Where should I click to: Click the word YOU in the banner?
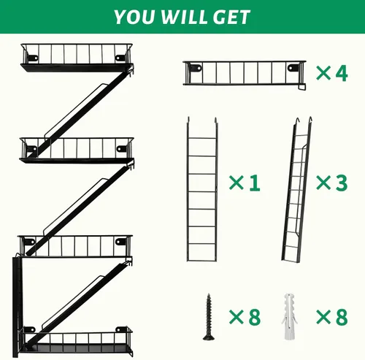(134, 17)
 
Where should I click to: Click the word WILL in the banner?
(184, 17)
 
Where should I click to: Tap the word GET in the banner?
(231, 17)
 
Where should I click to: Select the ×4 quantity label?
(332, 73)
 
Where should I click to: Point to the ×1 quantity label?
(245, 183)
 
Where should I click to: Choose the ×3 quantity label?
(332, 183)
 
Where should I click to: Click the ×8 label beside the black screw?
(245, 317)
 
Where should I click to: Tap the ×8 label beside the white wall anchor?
(332, 317)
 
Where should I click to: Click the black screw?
(209, 317)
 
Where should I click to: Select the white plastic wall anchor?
(289, 317)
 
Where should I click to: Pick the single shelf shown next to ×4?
(245, 75)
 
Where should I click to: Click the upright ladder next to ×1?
(202, 189)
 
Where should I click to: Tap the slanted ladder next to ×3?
(297, 190)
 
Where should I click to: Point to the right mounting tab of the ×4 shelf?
(293, 68)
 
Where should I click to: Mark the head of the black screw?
(209, 337)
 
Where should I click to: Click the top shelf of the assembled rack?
(77, 58)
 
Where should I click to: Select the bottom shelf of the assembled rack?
(77, 341)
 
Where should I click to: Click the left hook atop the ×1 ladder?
(188, 120)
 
